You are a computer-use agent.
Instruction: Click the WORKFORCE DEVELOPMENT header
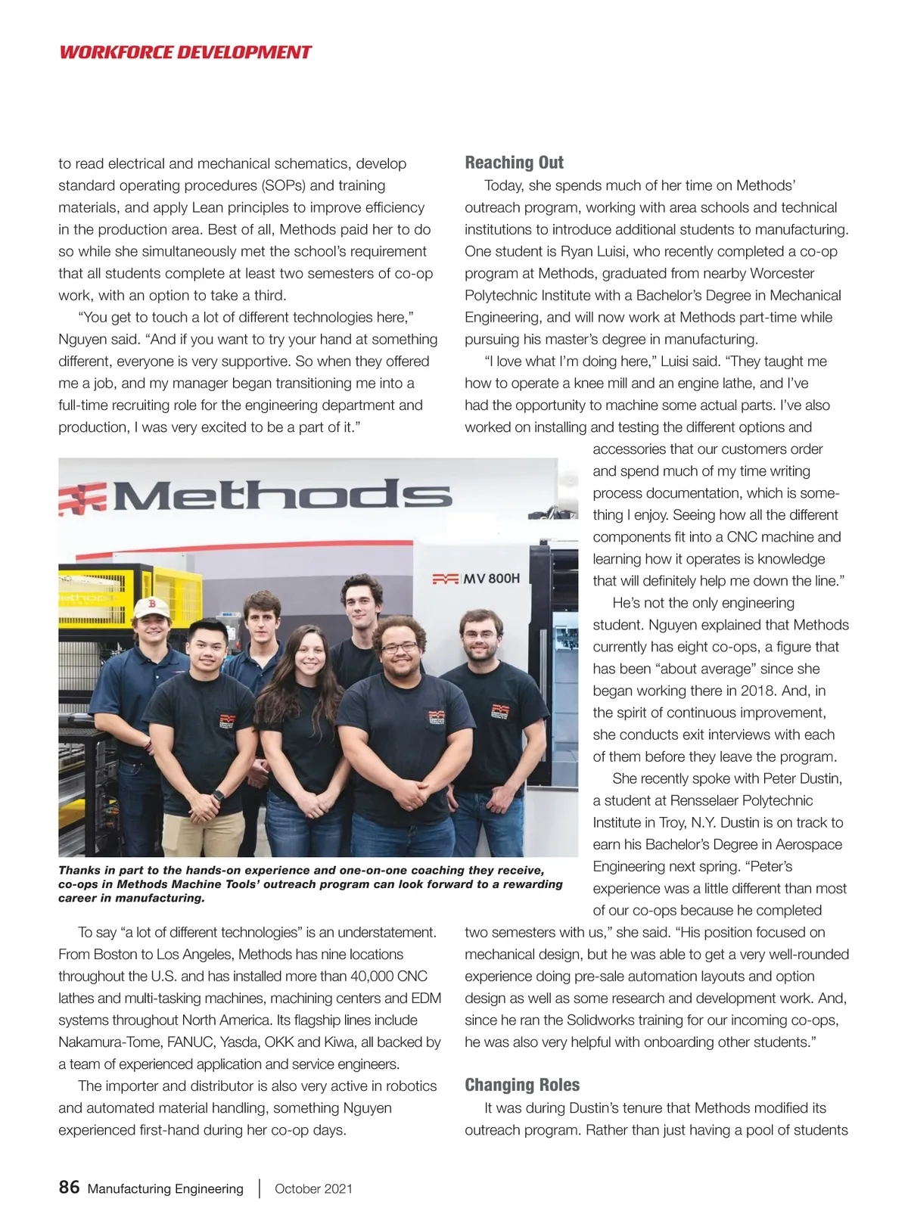(x=185, y=52)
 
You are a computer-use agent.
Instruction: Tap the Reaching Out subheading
(x=514, y=163)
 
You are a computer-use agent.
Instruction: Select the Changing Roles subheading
(x=522, y=1085)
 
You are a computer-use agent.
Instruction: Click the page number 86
(x=69, y=1187)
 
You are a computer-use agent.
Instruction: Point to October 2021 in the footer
(x=313, y=1188)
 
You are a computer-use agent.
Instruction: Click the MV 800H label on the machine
(x=491, y=579)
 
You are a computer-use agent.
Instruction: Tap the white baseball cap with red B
(x=152, y=607)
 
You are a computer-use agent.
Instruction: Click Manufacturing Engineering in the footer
(x=166, y=1188)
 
